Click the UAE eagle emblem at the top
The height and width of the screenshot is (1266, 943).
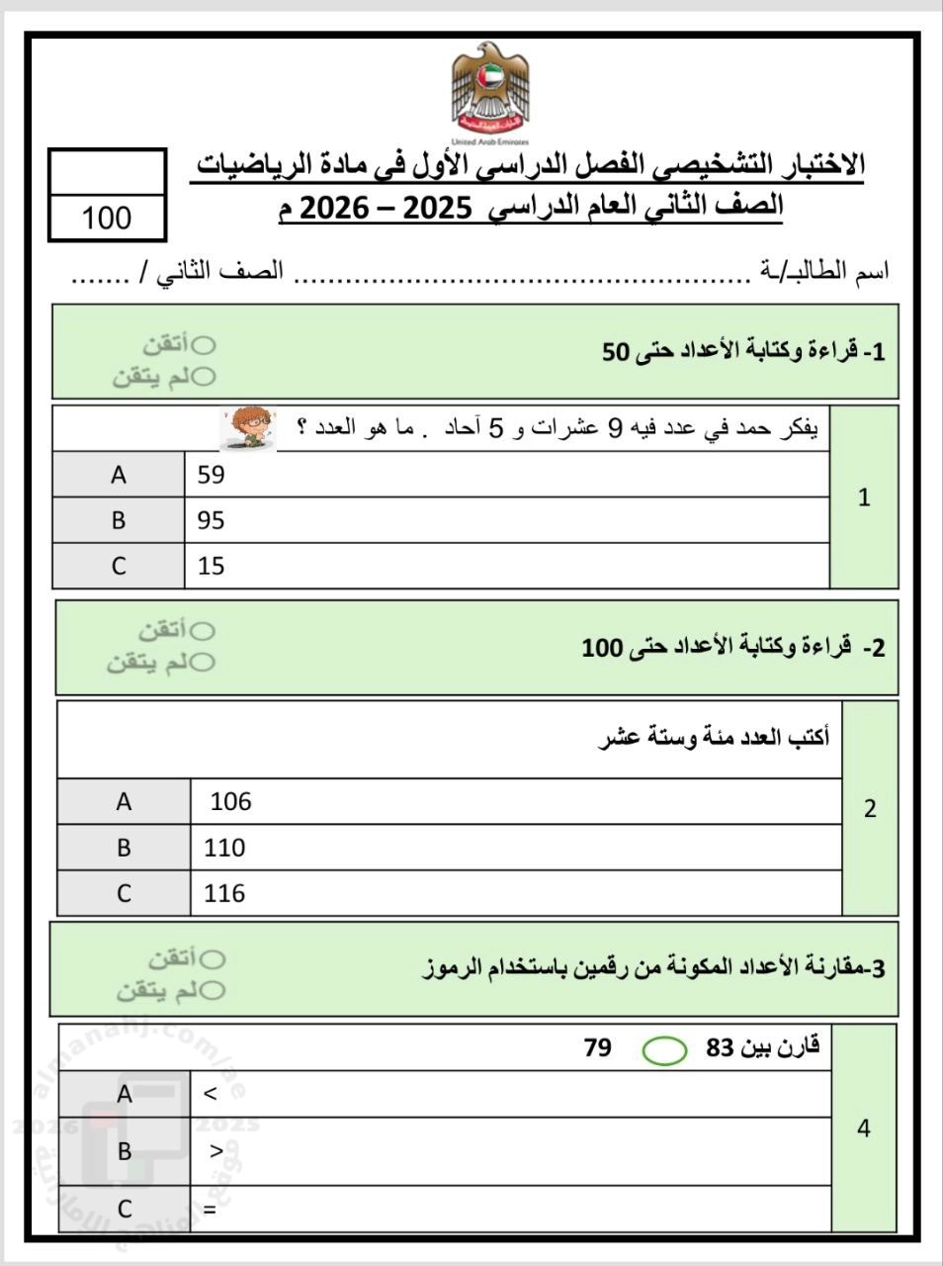point(489,92)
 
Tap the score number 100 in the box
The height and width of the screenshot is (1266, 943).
point(107,218)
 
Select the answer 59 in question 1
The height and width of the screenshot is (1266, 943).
point(212,475)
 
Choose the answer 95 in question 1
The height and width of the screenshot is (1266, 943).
point(212,520)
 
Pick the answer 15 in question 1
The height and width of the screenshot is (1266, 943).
point(212,566)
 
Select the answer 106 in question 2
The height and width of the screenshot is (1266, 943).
point(230,802)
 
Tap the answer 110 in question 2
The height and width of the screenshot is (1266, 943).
point(224,848)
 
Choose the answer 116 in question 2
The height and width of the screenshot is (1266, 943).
point(224,893)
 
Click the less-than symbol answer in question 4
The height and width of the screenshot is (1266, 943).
point(210,1094)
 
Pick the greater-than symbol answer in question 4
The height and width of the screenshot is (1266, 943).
point(216,1150)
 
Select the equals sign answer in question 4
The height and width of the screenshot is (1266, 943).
point(210,1209)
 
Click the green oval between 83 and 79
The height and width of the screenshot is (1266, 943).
point(664,1050)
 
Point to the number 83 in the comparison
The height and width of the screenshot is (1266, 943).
point(721,1047)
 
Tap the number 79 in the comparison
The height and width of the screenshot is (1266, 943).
point(598,1047)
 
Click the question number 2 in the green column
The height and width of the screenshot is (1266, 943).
point(870,809)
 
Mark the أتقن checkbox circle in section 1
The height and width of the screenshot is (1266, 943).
point(205,345)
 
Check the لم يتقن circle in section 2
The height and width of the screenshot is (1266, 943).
point(203,663)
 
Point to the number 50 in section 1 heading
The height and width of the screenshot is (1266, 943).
point(616,352)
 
